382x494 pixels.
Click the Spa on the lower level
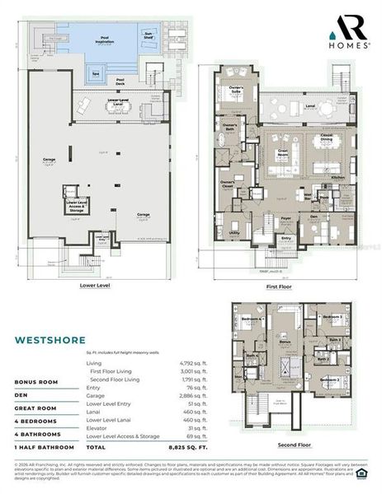[96, 72]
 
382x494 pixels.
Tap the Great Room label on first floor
[283, 151]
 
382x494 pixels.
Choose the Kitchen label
[337, 177]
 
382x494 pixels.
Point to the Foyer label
[285, 218]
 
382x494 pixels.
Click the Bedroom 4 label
[252, 318]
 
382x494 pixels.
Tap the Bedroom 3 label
[333, 316]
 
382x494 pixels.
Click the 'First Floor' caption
[283, 287]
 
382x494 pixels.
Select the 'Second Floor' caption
[294, 445]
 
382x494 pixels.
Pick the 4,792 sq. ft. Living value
[191, 362]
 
